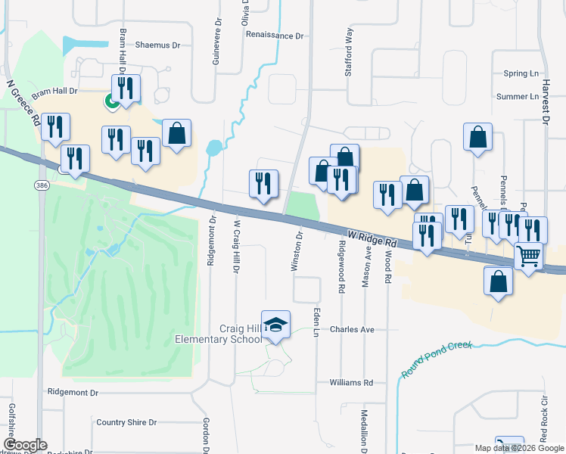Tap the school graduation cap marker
click(276, 325)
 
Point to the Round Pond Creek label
click(436, 358)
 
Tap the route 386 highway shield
click(39, 185)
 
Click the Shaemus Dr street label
click(157, 45)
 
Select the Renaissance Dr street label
click(274, 36)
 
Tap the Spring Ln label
click(520, 74)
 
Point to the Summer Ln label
click(518, 97)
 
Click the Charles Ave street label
click(353, 330)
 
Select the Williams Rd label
click(352, 383)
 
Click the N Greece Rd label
click(23, 104)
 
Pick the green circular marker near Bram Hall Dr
click(111, 100)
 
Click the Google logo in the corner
click(25, 445)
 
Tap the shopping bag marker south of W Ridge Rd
click(499, 281)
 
